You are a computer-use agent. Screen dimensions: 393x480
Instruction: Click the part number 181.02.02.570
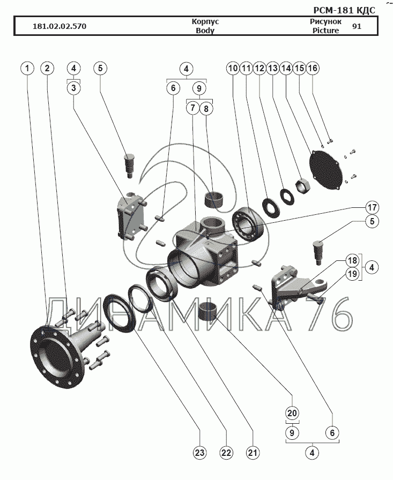pos(60,26)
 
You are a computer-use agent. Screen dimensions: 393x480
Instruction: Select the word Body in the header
pos(205,31)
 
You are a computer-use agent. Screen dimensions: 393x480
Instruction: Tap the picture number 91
pos(357,26)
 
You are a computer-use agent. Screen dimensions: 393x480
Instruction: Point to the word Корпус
pos(205,21)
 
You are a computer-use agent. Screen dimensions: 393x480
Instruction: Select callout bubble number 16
pos(313,68)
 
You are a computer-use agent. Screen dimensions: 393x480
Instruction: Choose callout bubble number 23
pos(199,453)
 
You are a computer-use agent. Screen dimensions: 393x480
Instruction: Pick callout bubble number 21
pos(253,453)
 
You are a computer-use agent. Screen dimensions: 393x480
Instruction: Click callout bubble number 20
pos(292,413)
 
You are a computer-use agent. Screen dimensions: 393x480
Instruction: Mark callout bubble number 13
pos(272,68)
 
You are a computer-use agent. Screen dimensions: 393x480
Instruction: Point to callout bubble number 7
pos(192,108)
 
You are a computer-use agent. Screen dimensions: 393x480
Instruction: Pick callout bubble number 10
pos(233,68)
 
